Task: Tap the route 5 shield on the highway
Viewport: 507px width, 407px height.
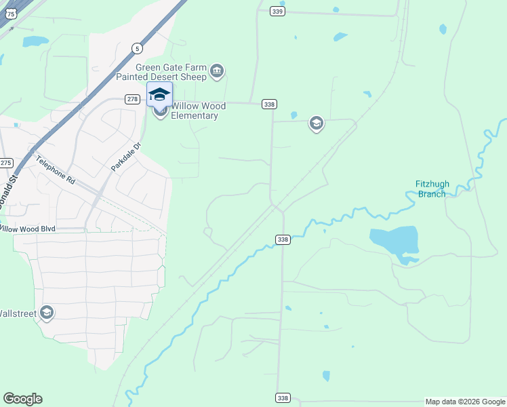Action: pyautogui.click(x=137, y=48)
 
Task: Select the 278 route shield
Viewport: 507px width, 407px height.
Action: pyautogui.click(x=132, y=99)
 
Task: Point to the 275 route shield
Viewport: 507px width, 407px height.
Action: pyautogui.click(x=6, y=163)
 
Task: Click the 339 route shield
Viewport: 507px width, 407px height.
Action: pyautogui.click(x=277, y=12)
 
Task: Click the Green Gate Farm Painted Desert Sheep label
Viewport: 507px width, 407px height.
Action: pyautogui.click(x=171, y=72)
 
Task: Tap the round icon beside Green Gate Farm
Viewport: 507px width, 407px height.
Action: pyautogui.click(x=217, y=71)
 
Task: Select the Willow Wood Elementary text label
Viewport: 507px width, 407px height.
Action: pyautogui.click(x=195, y=111)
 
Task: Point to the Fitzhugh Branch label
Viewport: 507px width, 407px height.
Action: pyautogui.click(x=432, y=189)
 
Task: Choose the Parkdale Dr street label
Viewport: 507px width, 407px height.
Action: pyautogui.click(x=126, y=157)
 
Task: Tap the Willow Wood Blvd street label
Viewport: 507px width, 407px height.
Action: pyautogui.click(x=27, y=229)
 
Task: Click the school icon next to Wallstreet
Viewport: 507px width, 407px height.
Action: pyautogui.click(x=47, y=313)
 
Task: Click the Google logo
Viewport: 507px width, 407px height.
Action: pyautogui.click(x=22, y=399)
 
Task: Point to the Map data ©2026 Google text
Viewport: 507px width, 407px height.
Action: pyautogui.click(x=466, y=402)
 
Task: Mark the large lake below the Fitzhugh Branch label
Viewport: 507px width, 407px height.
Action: pyautogui.click(x=394, y=241)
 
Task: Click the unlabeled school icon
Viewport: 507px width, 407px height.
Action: pyautogui.click(x=316, y=123)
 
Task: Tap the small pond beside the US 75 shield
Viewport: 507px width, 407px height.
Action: pyautogui.click(x=32, y=42)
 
